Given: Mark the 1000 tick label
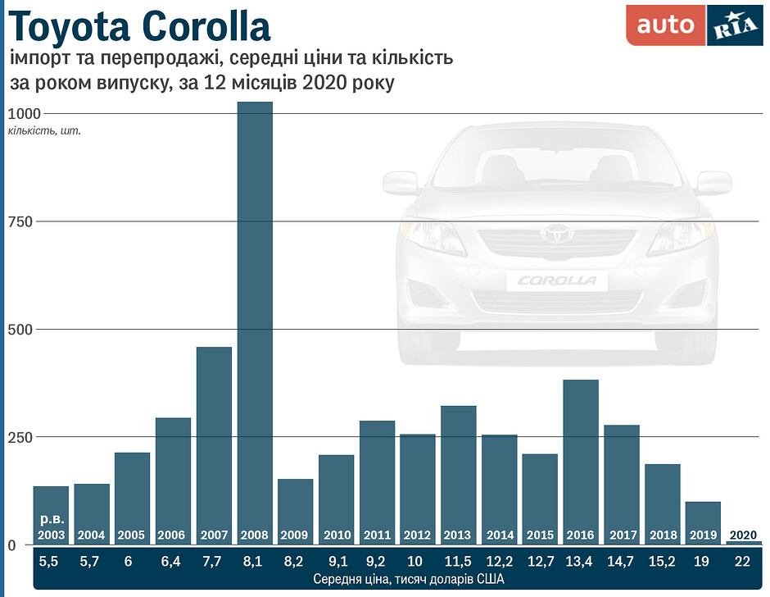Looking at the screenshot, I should (25, 113).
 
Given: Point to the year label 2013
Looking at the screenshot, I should (458, 535).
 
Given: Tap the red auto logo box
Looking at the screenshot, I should (664, 25).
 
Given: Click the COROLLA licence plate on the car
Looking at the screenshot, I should (557, 280).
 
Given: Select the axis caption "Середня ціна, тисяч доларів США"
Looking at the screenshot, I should (396, 580).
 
